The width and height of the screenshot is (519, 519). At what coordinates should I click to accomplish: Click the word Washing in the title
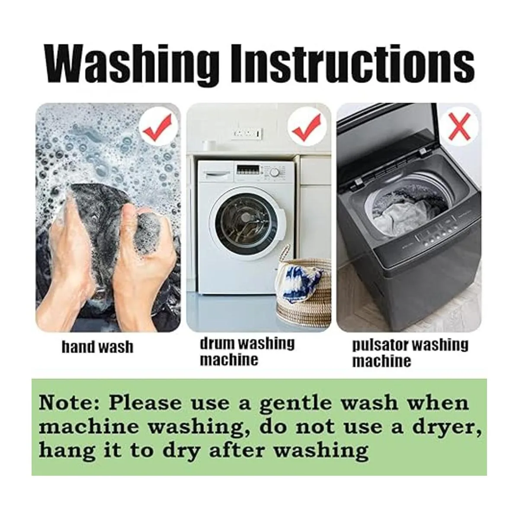tap(132, 64)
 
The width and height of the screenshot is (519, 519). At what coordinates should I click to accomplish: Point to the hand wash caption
tap(97, 346)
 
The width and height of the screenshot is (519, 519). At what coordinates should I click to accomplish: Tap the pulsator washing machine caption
tap(410, 353)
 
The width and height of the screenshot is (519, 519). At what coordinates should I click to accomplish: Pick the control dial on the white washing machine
tap(275, 173)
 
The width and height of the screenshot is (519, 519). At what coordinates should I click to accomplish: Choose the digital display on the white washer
tap(248, 170)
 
